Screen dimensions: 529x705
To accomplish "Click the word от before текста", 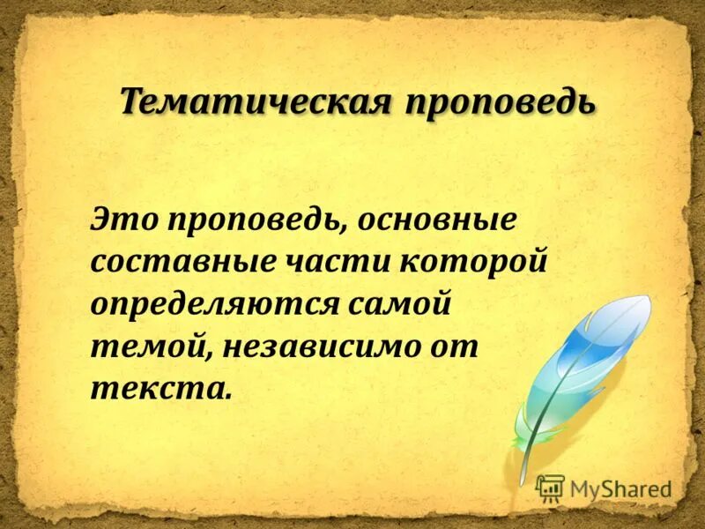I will pos(455,346).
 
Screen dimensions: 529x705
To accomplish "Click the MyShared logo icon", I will pos(551,488).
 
